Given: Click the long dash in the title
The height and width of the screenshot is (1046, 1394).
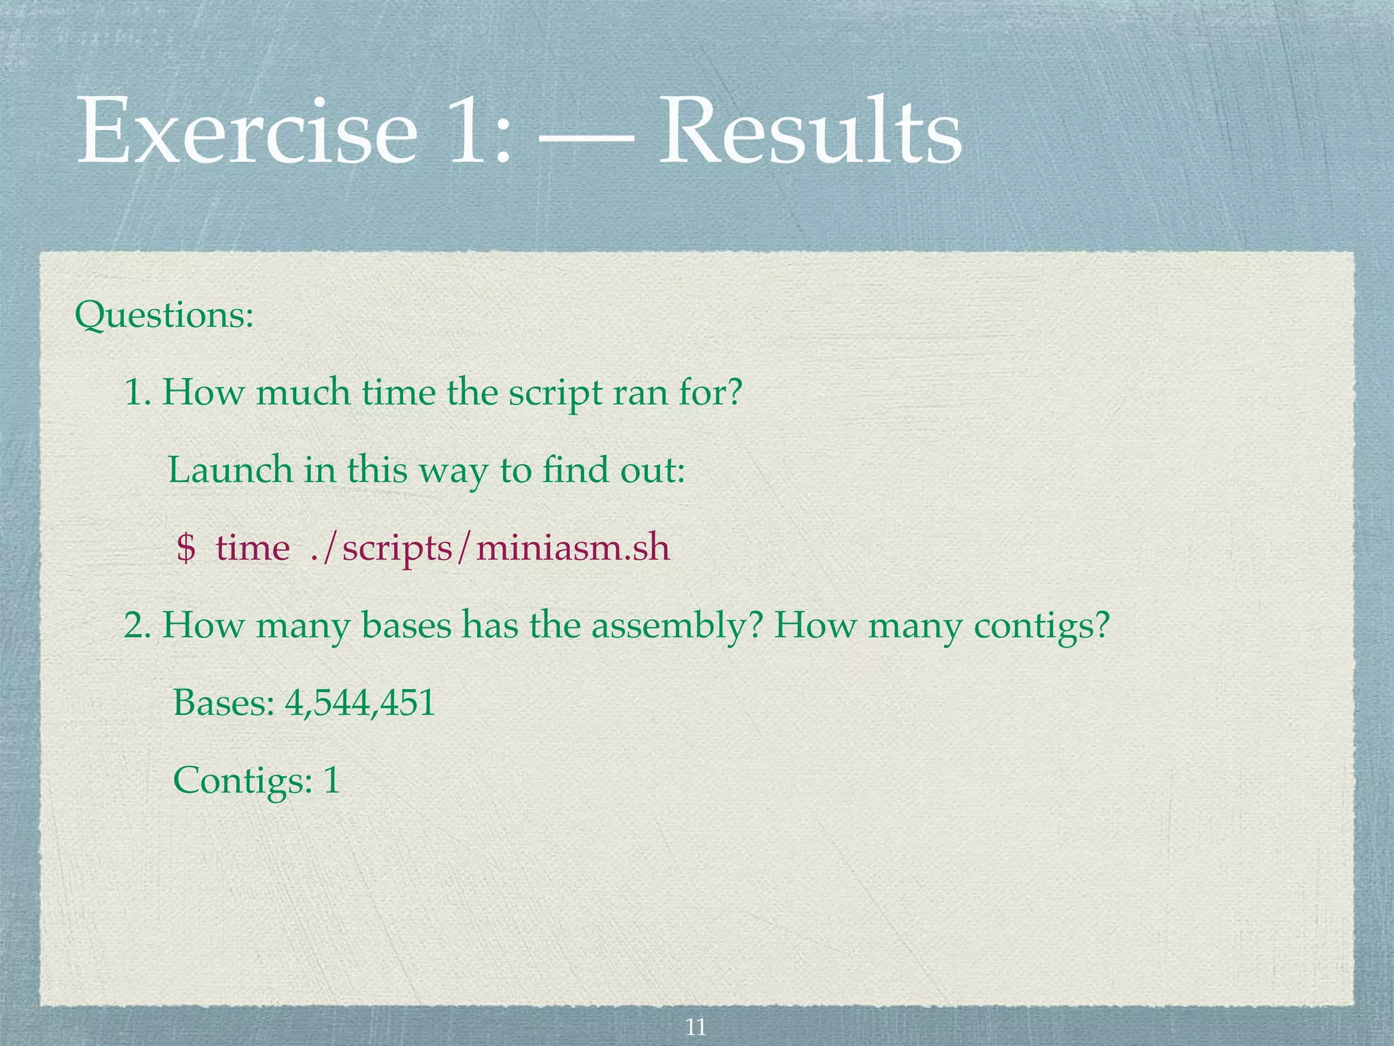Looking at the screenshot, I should pos(585,136).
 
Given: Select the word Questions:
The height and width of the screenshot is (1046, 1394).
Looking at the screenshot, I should pos(164,315).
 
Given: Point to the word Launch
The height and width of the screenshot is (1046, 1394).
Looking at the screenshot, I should pos(230,470).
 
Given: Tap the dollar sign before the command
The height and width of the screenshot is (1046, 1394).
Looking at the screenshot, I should pos(185,548).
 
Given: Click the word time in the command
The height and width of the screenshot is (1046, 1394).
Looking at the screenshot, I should pos(253,548).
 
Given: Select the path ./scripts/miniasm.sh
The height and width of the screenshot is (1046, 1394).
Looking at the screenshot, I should pos(489,549).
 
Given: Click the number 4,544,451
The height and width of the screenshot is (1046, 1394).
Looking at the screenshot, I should pos(360,703).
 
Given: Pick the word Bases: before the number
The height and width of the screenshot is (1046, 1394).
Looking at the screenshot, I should pos(223,703).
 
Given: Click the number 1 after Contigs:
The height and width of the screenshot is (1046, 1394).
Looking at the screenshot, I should pos(331,780).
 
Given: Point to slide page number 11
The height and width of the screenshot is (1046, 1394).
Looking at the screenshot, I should pos(696,1026).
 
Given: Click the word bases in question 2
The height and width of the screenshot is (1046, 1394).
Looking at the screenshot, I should pos(406,625).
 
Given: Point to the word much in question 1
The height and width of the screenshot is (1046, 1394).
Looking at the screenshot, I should pos(303,393).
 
